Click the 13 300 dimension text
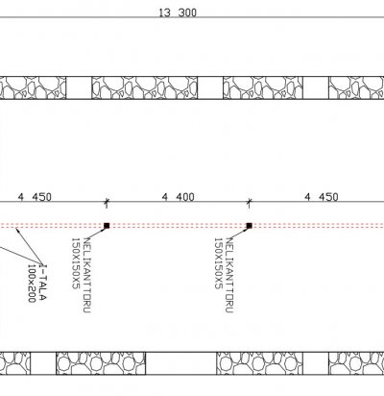point(178,12)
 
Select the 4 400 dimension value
point(178,197)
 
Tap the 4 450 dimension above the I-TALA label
point(35,197)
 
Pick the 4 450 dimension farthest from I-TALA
point(322,197)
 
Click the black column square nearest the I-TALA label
point(107,226)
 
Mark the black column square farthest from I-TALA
point(250,226)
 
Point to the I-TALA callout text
point(42,283)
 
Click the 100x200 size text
point(32,284)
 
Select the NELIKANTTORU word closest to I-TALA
point(86,275)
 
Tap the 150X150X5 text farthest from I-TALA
point(218,263)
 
